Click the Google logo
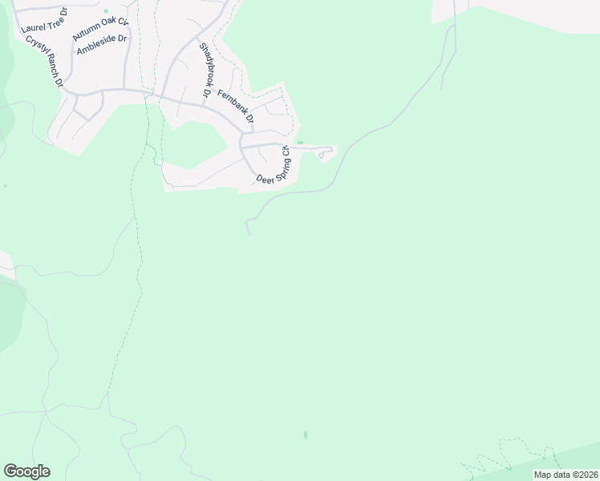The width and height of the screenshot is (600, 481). pyautogui.click(x=26, y=471)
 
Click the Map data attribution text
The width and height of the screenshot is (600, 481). pyautogui.click(x=565, y=475)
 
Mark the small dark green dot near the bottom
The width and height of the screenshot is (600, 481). pyautogui.click(x=305, y=435)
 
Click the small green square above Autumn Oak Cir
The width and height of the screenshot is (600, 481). pyautogui.click(x=105, y=11)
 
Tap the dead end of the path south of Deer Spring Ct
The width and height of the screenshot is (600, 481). pyautogui.click(x=250, y=234)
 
